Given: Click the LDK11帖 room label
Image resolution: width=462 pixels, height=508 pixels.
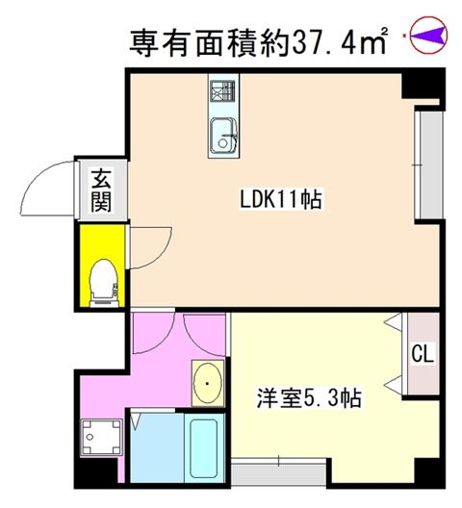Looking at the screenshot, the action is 281,199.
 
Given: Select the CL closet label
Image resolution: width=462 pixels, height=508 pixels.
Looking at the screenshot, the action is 423,354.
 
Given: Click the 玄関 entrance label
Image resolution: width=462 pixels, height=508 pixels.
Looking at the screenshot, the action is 101,190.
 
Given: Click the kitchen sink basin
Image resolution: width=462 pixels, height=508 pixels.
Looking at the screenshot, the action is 223,137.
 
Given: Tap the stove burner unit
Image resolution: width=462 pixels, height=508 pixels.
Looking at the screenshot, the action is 222,90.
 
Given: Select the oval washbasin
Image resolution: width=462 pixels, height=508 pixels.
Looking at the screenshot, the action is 208,383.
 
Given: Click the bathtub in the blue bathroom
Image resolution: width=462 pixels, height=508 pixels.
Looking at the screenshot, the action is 204,448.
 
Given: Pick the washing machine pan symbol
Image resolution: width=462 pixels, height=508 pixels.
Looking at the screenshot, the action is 101,438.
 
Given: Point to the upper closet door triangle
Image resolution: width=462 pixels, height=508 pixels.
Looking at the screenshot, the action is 394,321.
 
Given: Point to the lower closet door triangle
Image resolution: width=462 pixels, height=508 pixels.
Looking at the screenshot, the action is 394,385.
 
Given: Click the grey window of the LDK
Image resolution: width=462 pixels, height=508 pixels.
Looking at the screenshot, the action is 428,165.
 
